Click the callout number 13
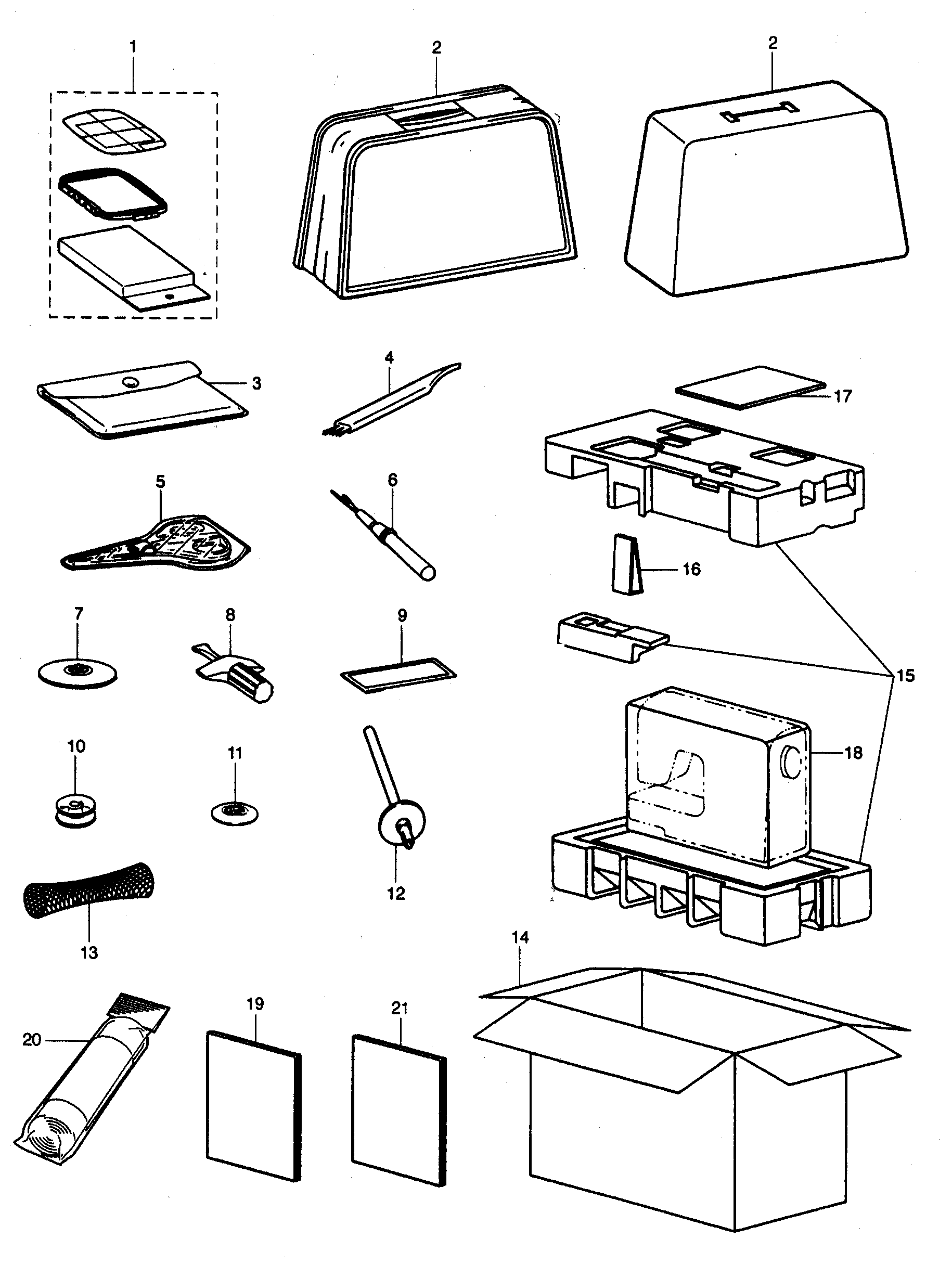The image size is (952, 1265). tap(88, 953)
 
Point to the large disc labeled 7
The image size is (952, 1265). tap(77, 671)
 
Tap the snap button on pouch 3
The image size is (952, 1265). tap(131, 382)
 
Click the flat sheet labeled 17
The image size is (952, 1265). tap(750, 387)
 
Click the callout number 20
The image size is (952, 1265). tap(31, 1039)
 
